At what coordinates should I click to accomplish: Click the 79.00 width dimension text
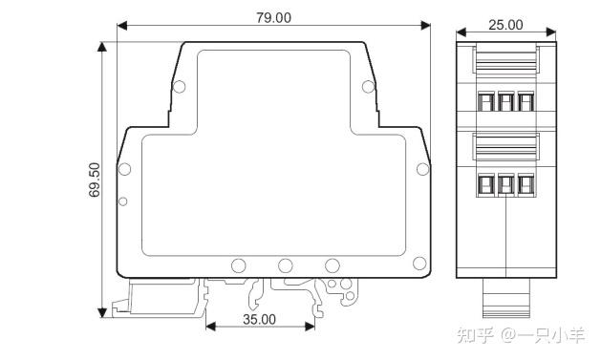(273, 17)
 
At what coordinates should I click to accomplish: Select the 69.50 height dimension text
(95, 180)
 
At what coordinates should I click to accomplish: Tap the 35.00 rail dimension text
(259, 319)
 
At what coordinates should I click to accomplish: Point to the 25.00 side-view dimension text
(505, 25)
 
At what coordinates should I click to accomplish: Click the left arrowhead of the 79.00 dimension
(122, 26)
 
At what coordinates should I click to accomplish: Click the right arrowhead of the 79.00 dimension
(425, 26)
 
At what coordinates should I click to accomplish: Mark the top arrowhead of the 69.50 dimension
(102, 47)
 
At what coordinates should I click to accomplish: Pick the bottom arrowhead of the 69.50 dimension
(102, 312)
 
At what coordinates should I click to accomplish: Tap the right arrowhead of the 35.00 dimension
(310, 327)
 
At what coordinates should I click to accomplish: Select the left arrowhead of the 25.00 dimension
(461, 32)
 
